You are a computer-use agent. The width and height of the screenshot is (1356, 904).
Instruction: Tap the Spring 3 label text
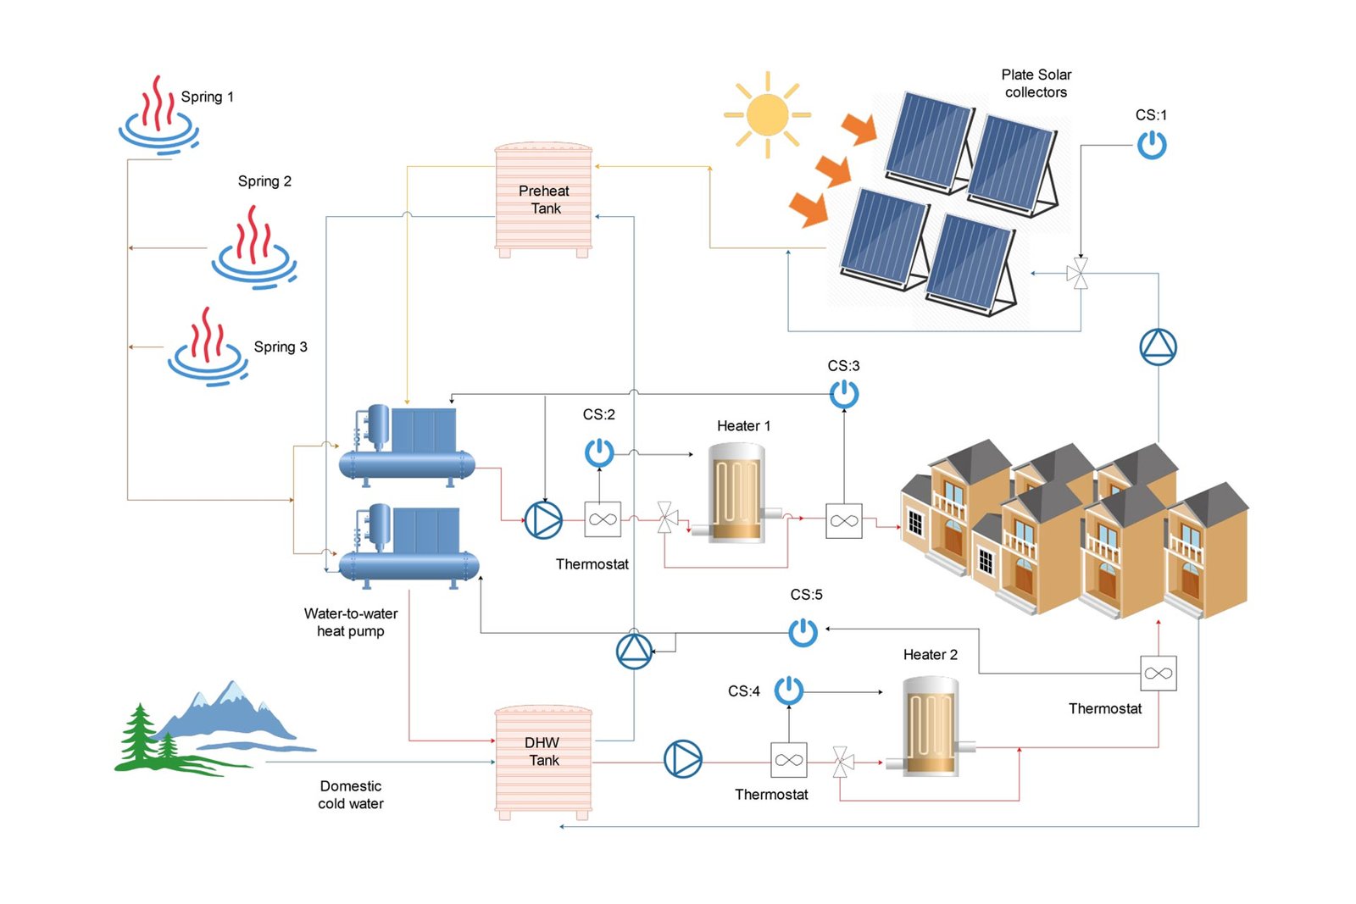pos(281,347)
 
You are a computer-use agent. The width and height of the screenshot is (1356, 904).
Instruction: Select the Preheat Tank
pos(543,200)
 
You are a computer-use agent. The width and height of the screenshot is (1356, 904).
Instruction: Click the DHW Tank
pos(543,761)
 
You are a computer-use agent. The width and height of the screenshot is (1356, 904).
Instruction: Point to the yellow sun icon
pos(768,115)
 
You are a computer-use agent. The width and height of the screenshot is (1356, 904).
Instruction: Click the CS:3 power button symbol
pos(844,394)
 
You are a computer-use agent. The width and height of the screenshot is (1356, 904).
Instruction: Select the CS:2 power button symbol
pos(599,452)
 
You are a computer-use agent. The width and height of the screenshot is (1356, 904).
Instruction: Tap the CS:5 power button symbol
pos(803,632)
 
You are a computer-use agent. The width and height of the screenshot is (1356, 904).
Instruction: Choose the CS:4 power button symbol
pos(789,690)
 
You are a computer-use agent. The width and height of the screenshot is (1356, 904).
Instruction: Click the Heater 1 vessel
pos(736,492)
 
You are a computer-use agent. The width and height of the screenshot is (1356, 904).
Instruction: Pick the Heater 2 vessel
pos(931,726)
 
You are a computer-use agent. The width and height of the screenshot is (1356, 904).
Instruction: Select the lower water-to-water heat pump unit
pos(408,546)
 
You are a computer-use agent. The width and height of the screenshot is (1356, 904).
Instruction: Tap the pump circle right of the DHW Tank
pos(682,759)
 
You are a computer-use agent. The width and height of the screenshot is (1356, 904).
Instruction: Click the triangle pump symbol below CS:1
pos(1158,347)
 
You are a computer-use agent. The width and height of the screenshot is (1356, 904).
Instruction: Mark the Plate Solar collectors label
pos(1036,83)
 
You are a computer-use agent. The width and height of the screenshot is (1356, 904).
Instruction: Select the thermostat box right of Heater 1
pos(843,521)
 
